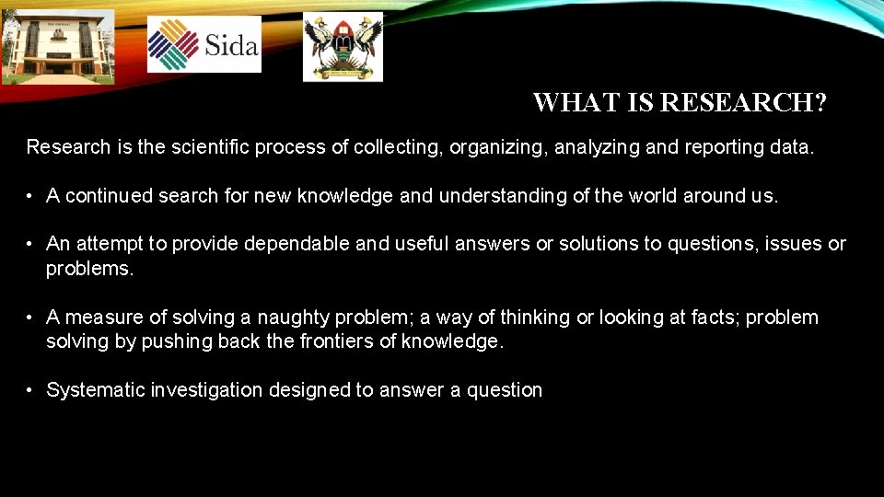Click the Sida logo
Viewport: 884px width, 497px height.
point(204,43)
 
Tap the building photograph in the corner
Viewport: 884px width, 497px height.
point(57,45)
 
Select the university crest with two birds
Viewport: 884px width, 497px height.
point(343,46)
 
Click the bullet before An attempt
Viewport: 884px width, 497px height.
point(30,244)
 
